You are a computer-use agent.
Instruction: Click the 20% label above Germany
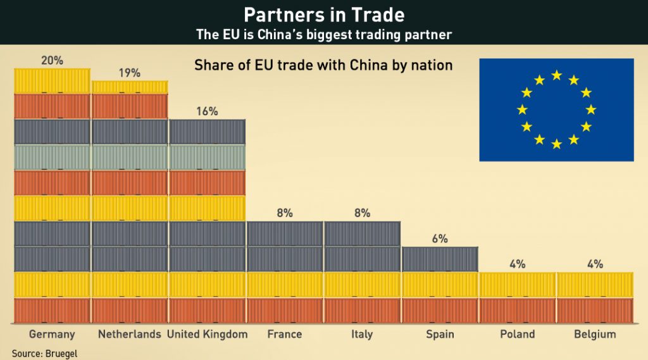[x=52, y=61]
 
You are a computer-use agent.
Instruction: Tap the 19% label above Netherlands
[x=129, y=73]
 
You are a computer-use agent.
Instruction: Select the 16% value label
[x=207, y=111]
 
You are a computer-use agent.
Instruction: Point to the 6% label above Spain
[x=439, y=239]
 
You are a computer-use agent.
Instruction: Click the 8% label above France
[x=284, y=213]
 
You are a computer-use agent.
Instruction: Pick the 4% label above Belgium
[x=594, y=264]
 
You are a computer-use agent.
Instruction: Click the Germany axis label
[x=52, y=334]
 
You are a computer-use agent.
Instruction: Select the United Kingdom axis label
[x=207, y=334]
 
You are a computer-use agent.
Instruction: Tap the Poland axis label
[x=517, y=334]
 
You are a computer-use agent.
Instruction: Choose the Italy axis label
[x=362, y=334]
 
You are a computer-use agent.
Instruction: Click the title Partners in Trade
[x=324, y=15]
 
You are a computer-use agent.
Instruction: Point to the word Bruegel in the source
[x=62, y=353]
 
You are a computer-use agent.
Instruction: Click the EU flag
[x=556, y=109]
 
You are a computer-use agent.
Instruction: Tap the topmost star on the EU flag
[x=556, y=75]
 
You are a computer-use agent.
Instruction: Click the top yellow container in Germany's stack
[x=52, y=80]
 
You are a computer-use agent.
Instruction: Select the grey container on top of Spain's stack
[x=439, y=259]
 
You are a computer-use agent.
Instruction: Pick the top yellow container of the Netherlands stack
[x=129, y=87]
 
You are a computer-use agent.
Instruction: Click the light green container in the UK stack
[x=207, y=157]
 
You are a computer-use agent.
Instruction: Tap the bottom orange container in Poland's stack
[x=517, y=310]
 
